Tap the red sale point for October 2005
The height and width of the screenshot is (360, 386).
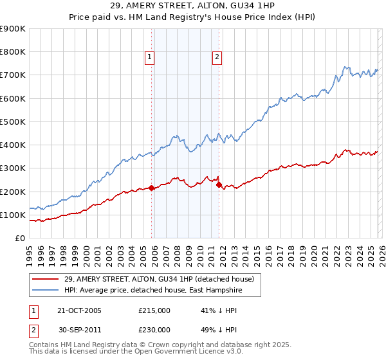152,188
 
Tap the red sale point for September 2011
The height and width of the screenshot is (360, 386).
219,185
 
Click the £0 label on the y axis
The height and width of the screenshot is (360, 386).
20,238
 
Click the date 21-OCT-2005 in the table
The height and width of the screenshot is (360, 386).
79,310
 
